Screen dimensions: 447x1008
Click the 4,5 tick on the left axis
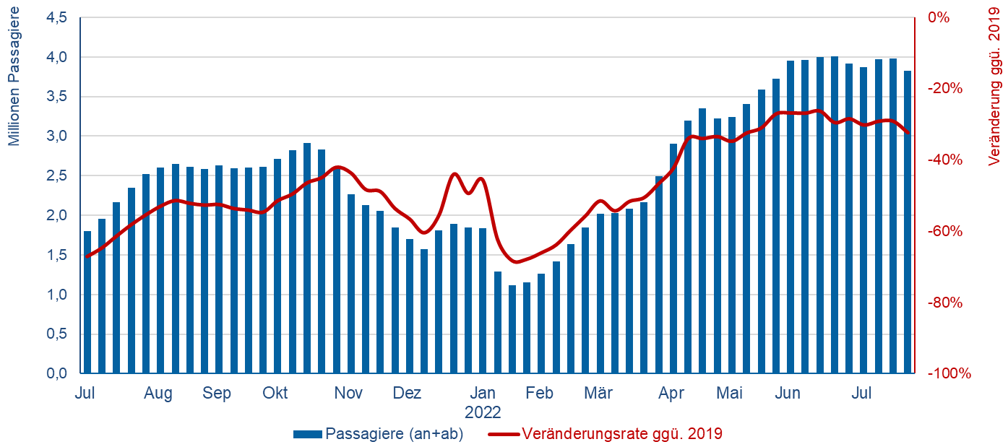click(56, 17)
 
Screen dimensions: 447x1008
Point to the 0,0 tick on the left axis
click(56, 373)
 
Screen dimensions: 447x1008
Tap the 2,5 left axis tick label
click(56, 175)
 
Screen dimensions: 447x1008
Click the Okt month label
click(275, 394)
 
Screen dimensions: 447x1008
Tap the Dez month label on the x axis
click(407, 394)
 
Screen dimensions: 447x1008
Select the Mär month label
click(598, 394)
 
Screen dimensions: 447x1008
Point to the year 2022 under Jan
click(482, 413)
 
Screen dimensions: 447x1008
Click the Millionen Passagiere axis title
click(14, 77)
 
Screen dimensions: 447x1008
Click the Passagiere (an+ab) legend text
click(395, 434)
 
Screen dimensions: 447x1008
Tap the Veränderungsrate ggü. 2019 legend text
click(622, 434)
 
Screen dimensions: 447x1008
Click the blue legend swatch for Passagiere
click(307, 434)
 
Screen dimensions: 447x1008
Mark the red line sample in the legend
click(503, 434)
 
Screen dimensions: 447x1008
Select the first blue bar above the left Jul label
click(87, 303)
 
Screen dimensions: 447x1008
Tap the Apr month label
click(671, 394)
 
